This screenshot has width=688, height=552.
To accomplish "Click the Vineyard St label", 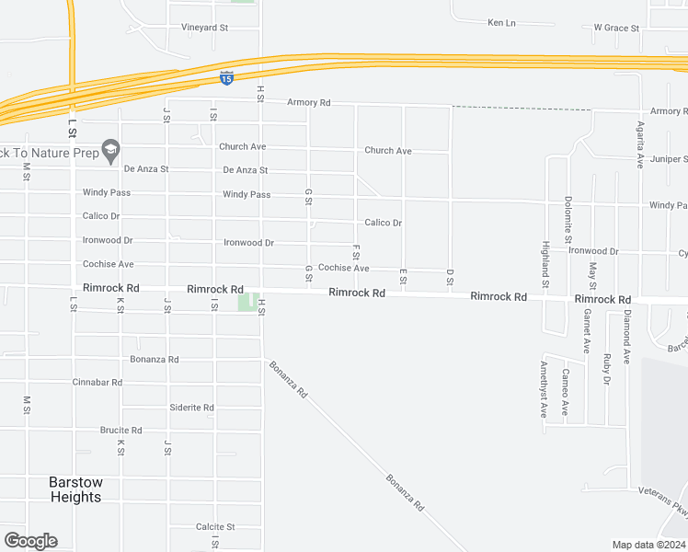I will pyautogui.click(x=204, y=28).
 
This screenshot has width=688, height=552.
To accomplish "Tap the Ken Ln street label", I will pyautogui.click(x=501, y=22).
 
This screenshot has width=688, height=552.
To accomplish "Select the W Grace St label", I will pyautogui.click(x=616, y=28).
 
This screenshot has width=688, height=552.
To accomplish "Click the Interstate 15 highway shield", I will pyautogui.click(x=226, y=79).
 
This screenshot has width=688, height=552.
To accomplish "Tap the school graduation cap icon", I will pyautogui.click(x=110, y=149).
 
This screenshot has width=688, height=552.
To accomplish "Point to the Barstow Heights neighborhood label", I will pyautogui.click(x=75, y=489).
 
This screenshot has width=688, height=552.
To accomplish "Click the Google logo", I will pyautogui.click(x=30, y=540).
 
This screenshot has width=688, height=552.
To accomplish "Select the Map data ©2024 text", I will pyautogui.click(x=648, y=545).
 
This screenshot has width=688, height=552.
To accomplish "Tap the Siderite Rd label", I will pyautogui.click(x=192, y=408).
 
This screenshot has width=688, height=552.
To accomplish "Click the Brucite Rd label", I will pyautogui.click(x=121, y=430).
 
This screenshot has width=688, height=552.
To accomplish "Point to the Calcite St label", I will pyautogui.click(x=216, y=527).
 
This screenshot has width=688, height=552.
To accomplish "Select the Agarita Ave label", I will pyautogui.click(x=640, y=146).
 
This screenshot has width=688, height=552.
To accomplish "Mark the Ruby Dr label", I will pyautogui.click(x=607, y=369).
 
